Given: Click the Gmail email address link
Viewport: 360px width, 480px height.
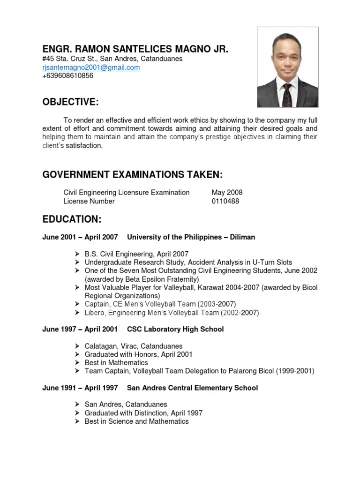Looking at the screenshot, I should click(91, 67).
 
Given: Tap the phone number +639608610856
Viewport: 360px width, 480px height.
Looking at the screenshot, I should click(67, 76).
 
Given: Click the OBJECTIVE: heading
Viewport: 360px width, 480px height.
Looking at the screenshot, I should click(71, 102).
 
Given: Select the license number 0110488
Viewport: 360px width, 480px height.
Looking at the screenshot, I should click(225, 201).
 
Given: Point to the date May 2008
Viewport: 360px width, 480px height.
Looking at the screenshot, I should click(227, 192).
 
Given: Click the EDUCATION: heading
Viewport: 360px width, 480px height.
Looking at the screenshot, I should click(72, 219).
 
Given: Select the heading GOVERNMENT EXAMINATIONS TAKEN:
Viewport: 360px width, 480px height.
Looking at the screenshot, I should click(132, 175).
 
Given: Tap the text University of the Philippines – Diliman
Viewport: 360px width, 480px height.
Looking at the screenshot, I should click(191, 237).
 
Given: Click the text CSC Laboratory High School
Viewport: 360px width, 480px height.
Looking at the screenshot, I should click(175, 329).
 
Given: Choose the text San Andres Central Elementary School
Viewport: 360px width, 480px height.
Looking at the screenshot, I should click(192, 388).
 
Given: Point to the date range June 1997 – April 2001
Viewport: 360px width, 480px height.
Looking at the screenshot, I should click(80, 329).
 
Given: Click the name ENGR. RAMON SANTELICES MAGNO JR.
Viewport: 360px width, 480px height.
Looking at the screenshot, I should click(135, 49).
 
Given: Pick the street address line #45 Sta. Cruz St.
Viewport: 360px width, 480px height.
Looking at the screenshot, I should click(112, 59).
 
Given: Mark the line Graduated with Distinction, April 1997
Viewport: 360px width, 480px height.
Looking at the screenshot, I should click(143, 413).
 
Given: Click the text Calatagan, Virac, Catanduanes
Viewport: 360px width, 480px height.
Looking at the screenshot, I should click(134, 346).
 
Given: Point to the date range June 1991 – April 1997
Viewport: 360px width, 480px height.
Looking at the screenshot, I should click(80, 388).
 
